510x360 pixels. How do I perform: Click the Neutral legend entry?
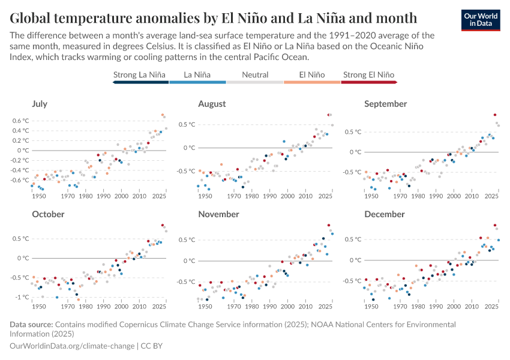[255, 75]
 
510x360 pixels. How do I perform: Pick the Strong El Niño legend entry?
[369, 75]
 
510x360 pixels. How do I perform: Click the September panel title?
[385, 104]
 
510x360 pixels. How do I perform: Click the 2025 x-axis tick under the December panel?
[491, 306]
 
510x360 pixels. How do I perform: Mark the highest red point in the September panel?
[495, 115]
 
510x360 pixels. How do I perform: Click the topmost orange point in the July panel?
[162, 115]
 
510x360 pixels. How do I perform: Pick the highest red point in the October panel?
[163, 225]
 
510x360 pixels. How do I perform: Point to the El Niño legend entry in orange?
[312, 75]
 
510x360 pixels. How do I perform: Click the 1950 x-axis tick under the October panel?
[39, 306]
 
